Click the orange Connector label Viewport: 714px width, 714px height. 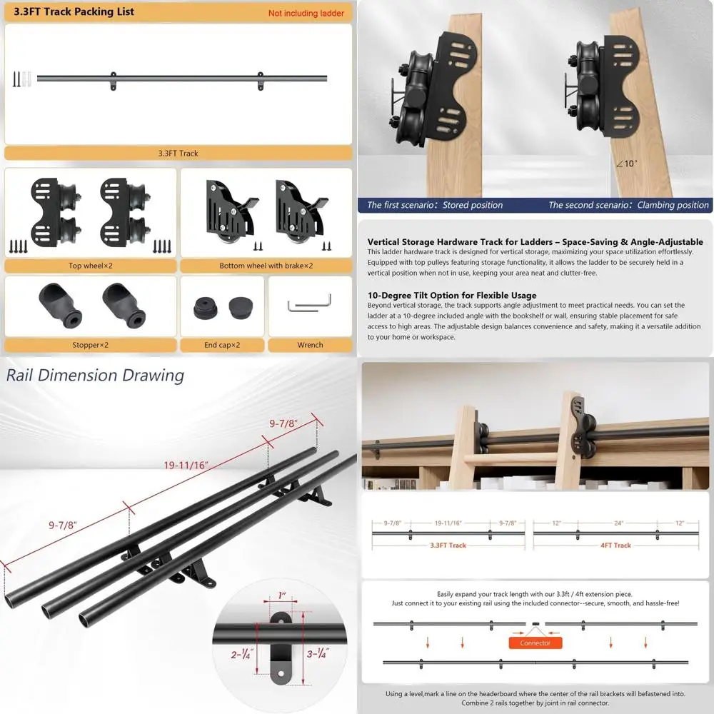click(535, 643)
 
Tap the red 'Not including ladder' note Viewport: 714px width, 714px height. click(306, 13)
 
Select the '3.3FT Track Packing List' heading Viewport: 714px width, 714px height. click(74, 11)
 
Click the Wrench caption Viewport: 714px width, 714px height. click(310, 345)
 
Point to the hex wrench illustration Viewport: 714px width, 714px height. click(309, 306)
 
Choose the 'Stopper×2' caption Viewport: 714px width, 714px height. click(90, 345)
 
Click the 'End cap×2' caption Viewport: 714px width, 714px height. click(221, 345)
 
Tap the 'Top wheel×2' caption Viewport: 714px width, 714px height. click(90, 266)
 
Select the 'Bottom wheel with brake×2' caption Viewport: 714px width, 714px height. click(266, 266)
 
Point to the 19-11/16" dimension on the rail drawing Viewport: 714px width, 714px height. click(185, 465)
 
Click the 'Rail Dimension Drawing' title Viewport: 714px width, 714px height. click(95, 375)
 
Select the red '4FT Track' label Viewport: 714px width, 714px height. click(613, 545)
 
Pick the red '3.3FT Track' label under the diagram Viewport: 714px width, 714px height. click(448, 545)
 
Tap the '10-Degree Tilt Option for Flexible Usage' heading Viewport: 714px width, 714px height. click(452, 295)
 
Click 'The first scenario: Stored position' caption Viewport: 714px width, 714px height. click(435, 205)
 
